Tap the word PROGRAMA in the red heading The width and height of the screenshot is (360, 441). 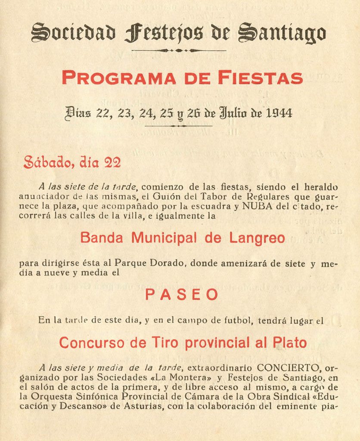pyautogui.click(x=118, y=78)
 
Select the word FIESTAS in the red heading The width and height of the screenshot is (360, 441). pyautogui.click(x=260, y=78)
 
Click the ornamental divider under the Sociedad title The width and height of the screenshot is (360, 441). pyautogui.click(x=179, y=50)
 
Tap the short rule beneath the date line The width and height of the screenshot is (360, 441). pyautogui.click(x=179, y=126)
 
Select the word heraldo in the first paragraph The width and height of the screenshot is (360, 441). pyautogui.click(x=321, y=187)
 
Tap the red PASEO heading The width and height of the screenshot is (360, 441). pyautogui.click(x=181, y=295)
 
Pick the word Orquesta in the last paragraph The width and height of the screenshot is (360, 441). pyautogui.click(x=47, y=397)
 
